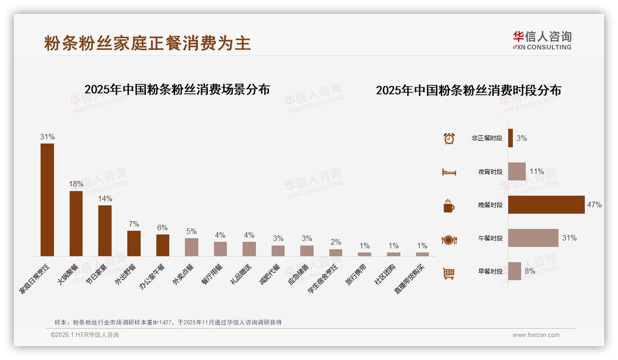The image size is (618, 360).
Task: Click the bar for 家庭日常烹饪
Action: click(47, 199)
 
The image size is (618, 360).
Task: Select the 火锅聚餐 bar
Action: click(76, 223)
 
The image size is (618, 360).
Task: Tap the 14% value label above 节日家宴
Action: click(105, 198)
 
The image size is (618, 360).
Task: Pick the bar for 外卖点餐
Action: click(191, 247)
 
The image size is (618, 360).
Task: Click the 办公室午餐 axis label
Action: click(152, 276)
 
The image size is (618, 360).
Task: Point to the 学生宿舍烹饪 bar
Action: click(336, 252)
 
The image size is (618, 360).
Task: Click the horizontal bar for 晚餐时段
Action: click(546, 205)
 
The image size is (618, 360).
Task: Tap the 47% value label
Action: click(594, 205)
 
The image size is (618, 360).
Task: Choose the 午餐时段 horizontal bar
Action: click(533, 238)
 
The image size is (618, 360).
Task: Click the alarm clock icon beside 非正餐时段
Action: click(449, 138)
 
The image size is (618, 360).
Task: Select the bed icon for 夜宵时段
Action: click(449, 172)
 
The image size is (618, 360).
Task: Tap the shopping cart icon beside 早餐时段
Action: click(449, 273)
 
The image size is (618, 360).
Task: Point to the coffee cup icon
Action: click(449, 206)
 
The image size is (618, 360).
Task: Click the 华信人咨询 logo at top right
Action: click(542, 40)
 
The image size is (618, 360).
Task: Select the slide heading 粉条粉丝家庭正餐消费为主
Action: click(148, 43)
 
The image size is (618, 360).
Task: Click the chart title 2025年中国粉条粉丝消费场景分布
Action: click(177, 90)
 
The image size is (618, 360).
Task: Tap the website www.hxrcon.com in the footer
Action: click(536, 335)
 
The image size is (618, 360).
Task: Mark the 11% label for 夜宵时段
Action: click(536, 172)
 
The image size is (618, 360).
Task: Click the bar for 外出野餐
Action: click(134, 243)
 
